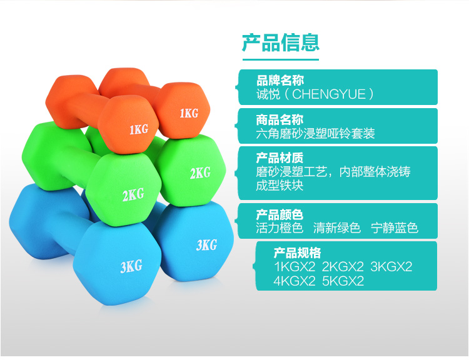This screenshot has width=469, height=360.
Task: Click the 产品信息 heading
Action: coord(281,42)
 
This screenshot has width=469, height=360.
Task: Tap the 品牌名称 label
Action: coord(280,81)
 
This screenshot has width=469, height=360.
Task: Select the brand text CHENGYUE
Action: coord(329,94)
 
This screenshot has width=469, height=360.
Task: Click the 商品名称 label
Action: coord(280,120)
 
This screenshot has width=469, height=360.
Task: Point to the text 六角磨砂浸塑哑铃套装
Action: coord(315,133)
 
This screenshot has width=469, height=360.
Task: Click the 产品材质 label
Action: coord(280,158)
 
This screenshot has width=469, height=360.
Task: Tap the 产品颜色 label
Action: coord(280,215)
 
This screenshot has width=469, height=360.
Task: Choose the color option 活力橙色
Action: coord(280,228)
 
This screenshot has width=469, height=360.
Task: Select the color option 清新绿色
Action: coord(337,228)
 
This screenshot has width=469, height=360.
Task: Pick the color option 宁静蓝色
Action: coord(394,228)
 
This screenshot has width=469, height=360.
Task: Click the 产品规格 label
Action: coord(297,253)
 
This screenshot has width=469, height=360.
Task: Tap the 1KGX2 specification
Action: coord(295,266)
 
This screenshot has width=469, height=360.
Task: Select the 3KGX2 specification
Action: coord(391,266)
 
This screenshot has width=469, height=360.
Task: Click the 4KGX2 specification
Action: coord(295,281)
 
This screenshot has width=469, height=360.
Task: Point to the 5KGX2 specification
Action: coord(343,281)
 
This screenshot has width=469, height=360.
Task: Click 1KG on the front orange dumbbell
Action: coord(139,129)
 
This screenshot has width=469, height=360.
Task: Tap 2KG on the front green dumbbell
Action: coord(133,194)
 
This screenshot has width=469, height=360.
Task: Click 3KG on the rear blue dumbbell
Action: coord(207,245)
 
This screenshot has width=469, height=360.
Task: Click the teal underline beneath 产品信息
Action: coord(281,59)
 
